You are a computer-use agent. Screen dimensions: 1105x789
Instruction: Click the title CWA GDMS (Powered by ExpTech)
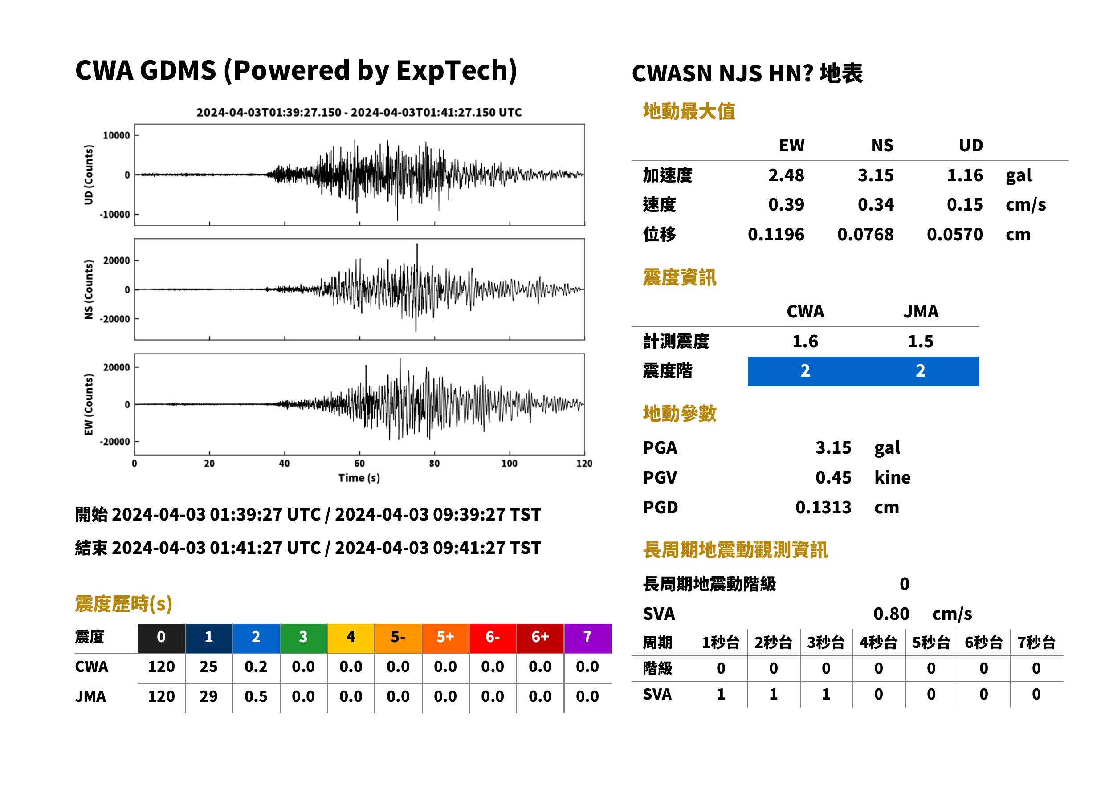296,71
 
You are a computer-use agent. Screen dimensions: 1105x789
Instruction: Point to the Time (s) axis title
359,478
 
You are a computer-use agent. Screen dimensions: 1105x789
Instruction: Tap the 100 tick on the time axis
509,464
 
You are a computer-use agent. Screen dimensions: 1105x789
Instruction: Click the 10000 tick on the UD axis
116,135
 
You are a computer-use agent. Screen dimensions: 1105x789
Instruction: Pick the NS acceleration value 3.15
875,175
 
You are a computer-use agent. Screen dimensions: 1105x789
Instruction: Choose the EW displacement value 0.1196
776,235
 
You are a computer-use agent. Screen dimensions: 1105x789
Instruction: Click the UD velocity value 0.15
965,205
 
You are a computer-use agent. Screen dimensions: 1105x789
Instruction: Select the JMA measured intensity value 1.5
920,342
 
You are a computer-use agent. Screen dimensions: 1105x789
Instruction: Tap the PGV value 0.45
833,478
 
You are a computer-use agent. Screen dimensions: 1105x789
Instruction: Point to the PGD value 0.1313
823,508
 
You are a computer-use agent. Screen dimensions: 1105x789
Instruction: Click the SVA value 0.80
891,614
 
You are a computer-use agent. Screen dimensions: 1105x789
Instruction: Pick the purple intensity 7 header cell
587,639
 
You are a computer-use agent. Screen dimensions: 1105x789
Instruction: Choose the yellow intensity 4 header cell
351,639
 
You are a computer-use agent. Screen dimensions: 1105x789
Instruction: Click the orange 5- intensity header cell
398,639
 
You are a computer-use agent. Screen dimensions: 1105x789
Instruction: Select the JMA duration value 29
208,697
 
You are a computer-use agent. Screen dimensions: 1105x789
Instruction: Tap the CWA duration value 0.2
256,667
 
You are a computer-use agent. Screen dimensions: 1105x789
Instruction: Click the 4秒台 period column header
878,643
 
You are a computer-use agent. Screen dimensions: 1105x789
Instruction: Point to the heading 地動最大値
689,112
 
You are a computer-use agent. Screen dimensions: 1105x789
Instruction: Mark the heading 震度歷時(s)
123,604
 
